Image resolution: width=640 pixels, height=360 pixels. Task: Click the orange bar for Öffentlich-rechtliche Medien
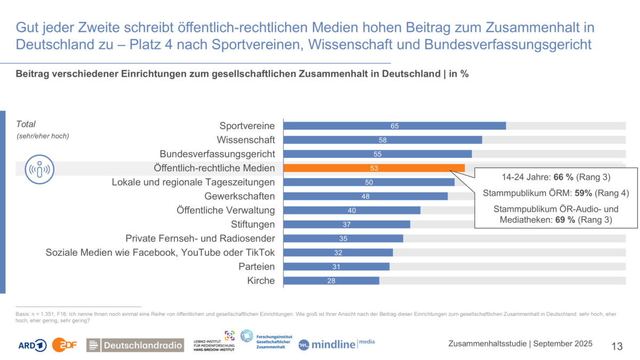click(373, 168)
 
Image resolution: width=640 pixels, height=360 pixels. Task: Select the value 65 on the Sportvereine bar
click(395, 126)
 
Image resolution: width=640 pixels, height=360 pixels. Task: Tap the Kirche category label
click(261, 281)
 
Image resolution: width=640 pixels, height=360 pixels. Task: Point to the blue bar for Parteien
click(336, 267)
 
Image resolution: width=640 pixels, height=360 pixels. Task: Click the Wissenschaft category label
click(246, 140)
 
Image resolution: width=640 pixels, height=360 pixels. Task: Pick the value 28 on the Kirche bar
click(331, 281)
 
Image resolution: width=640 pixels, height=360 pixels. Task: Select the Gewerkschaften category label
click(239, 196)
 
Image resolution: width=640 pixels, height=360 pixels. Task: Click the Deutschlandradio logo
click(135, 345)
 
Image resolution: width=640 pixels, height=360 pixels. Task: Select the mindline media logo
click(336, 344)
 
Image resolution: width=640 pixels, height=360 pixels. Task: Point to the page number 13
click(617, 346)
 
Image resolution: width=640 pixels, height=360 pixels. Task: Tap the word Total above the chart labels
click(26, 124)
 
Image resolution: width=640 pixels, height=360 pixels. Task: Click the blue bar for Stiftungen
click(347, 225)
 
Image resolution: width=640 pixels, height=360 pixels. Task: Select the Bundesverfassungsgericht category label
click(217, 154)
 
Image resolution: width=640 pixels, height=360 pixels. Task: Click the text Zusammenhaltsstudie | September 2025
click(520, 344)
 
